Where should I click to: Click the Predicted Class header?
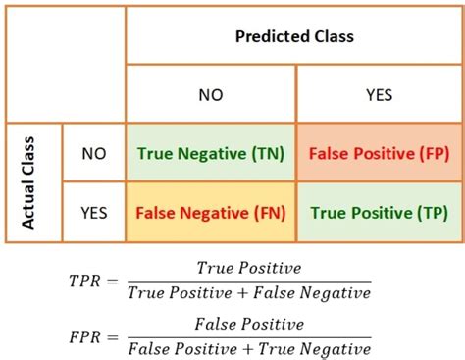[293, 36]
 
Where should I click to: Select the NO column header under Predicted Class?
[210, 95]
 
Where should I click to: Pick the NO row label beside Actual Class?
[93, 154]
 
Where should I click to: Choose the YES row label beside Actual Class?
[93, 210]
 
